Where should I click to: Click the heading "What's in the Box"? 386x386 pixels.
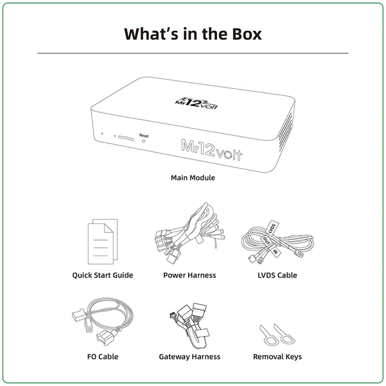(x=193, y=34)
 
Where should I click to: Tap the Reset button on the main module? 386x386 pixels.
(x=144, y=141)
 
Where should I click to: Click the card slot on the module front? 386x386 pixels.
(x=126, y=138)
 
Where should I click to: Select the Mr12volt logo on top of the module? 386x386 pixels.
(x=197, y=103)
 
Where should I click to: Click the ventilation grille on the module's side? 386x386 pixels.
(x=285, y=131)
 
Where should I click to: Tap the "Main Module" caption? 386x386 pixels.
(x=193, y=177)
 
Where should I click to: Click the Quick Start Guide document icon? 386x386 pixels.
(x=103, y=241)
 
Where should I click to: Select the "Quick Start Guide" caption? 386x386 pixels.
(x=103, y=275)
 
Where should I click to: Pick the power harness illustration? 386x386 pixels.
(x=189, y=233)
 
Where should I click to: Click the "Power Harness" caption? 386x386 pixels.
(x=189, y=275)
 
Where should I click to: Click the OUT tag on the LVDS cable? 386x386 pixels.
(x=267, y=241)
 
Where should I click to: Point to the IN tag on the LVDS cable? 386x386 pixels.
(x=275, y=252)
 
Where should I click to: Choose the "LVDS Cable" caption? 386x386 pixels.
(x=277, y=275)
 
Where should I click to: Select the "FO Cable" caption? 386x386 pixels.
(x=103, y=356)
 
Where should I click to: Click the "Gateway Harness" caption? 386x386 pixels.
(x=189, y=356)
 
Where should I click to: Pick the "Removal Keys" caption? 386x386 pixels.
(x=277, y=356)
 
